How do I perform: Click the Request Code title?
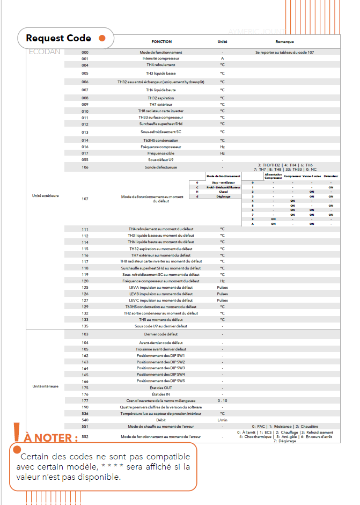tap(58, 38)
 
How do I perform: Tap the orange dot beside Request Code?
tap(102, 38)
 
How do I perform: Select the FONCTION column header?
tap(161, 41)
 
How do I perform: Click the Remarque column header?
tap(284, 41)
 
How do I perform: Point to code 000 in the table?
tap(85, 52)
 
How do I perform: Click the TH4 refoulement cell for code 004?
tap(161, 65)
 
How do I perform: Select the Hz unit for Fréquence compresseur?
tap(222, 146)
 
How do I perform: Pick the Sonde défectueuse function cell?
tap(161, 167)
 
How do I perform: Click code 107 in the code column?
tap(85, 199)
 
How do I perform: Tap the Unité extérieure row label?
tap(46, 195)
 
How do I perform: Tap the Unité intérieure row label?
tap(46, 386)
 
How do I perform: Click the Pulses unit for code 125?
tap(222, 287)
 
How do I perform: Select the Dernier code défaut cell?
tap(161, 334)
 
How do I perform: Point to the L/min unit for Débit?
tap(222, 420)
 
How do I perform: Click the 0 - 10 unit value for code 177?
tap(222, 400)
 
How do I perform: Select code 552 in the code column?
tap(85, 436)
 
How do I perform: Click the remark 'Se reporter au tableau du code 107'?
tap(284, 52)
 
